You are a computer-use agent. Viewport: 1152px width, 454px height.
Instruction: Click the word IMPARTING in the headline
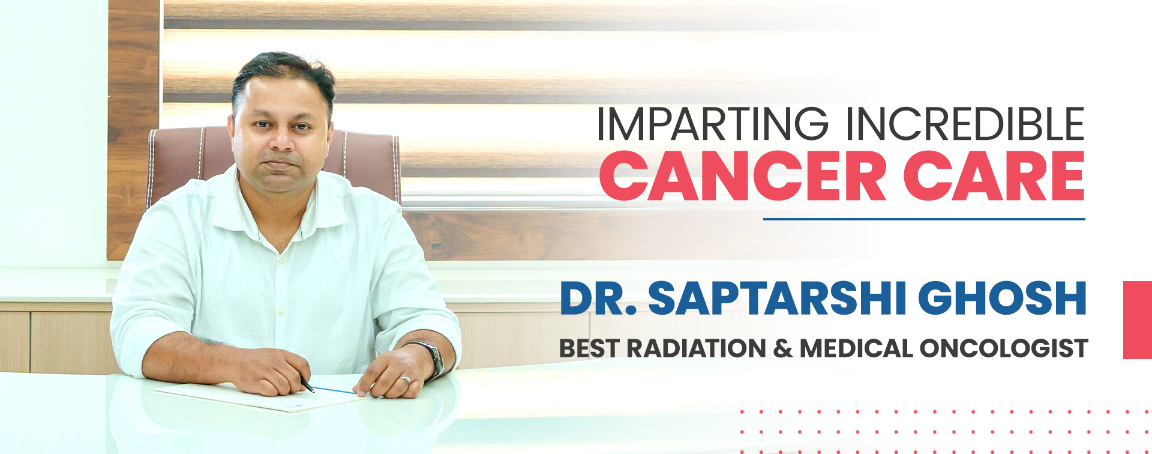(x=712, y=124)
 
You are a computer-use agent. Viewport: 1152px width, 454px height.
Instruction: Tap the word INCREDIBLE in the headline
(x=965, y=124)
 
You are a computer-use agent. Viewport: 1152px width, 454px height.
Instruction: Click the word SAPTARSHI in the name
(x=777, y=298)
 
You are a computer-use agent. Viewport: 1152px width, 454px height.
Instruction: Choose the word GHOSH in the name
(x=1002, y=298)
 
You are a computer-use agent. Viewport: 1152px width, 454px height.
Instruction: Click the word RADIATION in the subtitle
(x=696, y=348)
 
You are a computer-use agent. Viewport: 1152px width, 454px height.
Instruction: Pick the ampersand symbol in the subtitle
(x=782, y=348)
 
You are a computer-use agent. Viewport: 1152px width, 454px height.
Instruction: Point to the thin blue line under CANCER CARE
(x=924, y=219)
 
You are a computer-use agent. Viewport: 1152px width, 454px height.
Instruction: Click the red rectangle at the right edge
(x=1137, y=319)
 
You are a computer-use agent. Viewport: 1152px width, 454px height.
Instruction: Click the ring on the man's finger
(x=406, y=380)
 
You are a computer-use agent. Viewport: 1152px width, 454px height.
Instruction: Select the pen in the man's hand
(x=307, y=385)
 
